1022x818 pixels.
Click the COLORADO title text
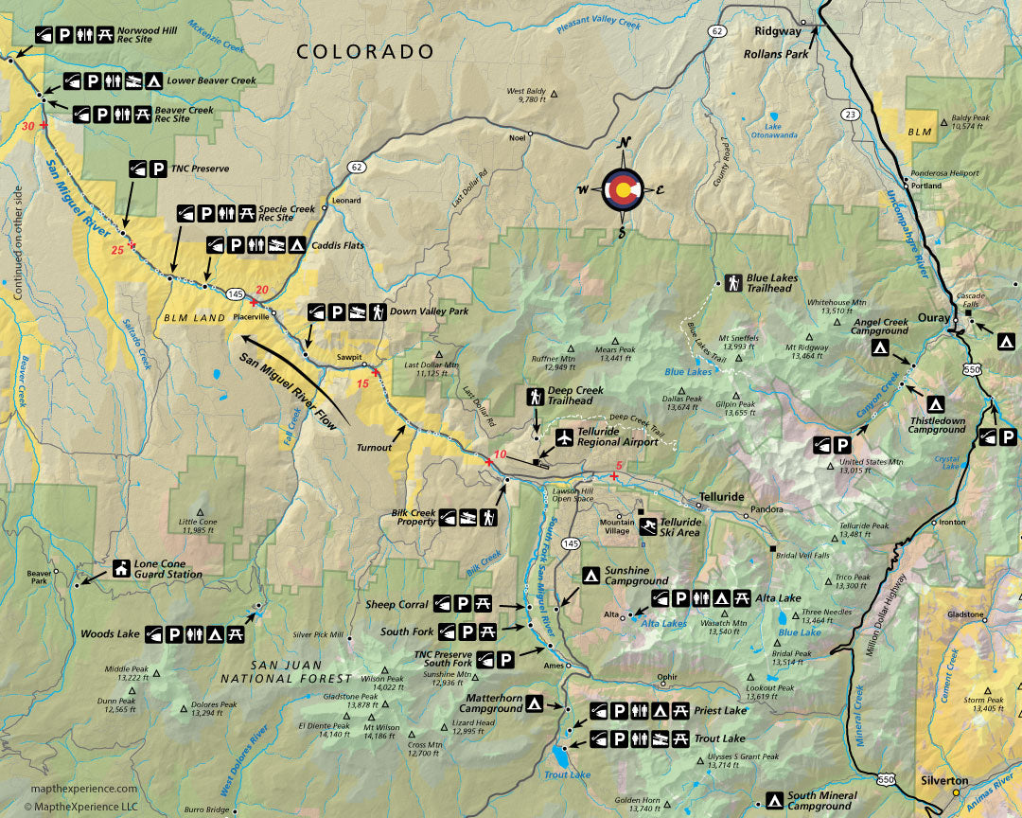(365, 52)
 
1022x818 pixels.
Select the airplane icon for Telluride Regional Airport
(565, 437)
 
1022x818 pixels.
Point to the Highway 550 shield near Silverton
(886, 778)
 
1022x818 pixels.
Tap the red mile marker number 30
(27, 125)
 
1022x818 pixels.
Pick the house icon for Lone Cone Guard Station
(121, 569)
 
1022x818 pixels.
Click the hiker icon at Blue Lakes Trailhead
(732, 282)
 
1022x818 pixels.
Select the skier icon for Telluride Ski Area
(649, 526)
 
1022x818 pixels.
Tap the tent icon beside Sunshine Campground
(590, 575)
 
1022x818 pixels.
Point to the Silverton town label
(945, 781)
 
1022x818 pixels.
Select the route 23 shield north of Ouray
(851, 114)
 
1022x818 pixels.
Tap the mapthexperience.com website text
(84, 789)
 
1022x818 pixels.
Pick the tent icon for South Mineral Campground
(773, 800)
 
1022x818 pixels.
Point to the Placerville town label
(251, 317)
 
